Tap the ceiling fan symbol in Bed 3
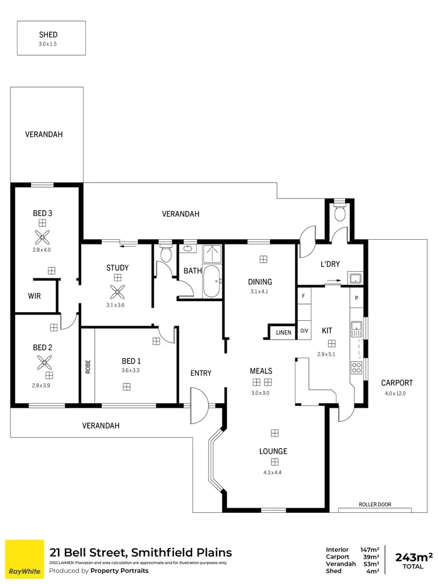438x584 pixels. (42, 237)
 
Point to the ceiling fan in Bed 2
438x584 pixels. (42, 362)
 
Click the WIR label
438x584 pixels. (34, 296)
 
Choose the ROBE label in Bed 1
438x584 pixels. (88, 366)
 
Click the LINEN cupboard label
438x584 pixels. (284, 333)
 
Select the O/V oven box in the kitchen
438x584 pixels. (304, 331)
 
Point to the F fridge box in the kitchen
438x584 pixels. (303, 296)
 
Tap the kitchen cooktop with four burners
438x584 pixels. (356, 368)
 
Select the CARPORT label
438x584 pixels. (397, 383)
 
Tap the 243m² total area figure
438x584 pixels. (414, 557)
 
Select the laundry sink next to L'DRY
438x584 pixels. (355, 278)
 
